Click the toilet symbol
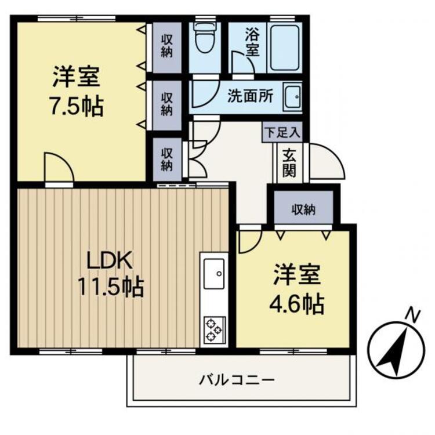point(204,39)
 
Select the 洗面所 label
point(250,96)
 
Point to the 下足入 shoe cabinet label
point(282,132)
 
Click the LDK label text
point(110,259)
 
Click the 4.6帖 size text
point(296,303)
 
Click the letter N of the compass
point(412,315)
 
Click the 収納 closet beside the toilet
point(167,48)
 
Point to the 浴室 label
point(251,42)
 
